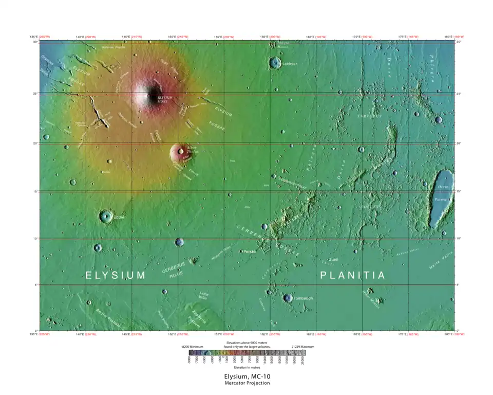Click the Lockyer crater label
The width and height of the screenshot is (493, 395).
tap(290, 64)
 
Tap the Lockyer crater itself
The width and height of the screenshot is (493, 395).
tap(275, 63)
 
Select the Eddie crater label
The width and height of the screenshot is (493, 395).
tap(118, 218)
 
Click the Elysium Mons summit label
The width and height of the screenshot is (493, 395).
tap(165, 98)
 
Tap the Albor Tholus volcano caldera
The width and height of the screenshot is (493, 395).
tap(180, 151)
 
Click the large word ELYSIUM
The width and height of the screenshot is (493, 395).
tap(116, 276)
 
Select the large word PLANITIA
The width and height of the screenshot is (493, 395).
tap(353, 276)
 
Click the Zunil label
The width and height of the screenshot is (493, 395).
tap(334, 260)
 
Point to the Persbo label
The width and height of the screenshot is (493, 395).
tap(250, 252)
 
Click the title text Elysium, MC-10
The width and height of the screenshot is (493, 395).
tap(246, 376)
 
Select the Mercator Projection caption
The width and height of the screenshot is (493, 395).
tap(246, 383)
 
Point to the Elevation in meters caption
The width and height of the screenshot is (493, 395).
tap(247, 368)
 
